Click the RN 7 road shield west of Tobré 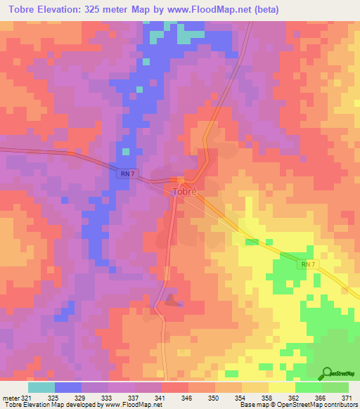pyautogui.click(x=125, y=174)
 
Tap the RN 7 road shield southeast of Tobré pyautogui.click(x=305, y=264)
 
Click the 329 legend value pyautogui.click(x=82, y=397)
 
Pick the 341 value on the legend pyautogui.click(x=160, y=397)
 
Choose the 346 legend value pyautogui.click(x=186, y=397)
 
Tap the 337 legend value pyautogui.click(x=134, y=397)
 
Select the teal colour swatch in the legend pyautogui.click(x=41, y=387)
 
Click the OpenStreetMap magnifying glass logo pyautogui.click(x=328, y=374)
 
